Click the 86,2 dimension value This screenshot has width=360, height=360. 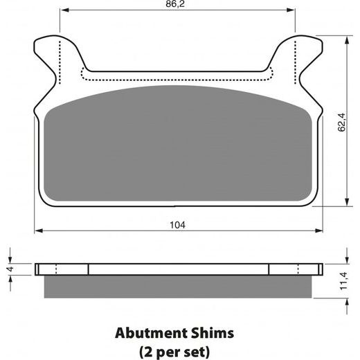point(175,3)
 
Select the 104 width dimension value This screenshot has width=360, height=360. point(177,225)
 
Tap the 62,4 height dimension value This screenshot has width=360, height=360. point(342,123)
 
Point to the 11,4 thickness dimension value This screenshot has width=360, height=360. point(343,281)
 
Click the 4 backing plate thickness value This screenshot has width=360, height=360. point(11,269)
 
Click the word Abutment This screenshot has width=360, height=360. point(151,333)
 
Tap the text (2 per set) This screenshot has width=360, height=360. point(174,352)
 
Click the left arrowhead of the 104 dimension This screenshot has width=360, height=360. point(39,231)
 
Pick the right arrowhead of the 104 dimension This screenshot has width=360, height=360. point(318,231)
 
